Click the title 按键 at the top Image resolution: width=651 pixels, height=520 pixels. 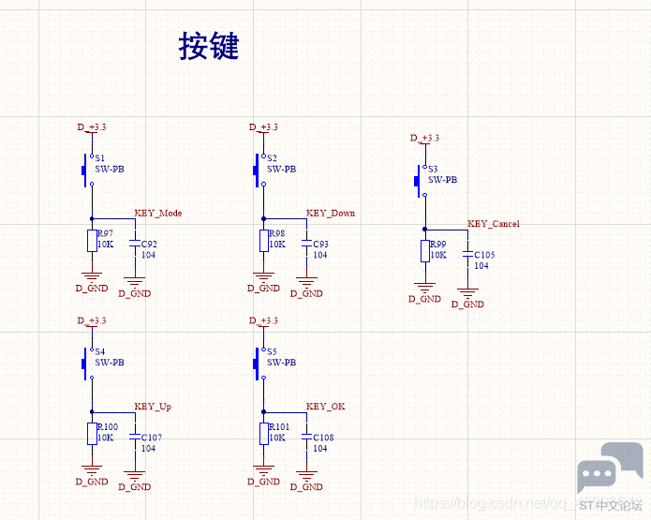[209, 46]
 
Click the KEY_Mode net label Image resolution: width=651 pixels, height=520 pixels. [158, 214]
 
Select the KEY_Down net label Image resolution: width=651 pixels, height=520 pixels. [331, 214]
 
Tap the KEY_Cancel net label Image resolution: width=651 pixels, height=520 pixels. [494, 224]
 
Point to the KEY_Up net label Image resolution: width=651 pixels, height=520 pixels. [153, 407]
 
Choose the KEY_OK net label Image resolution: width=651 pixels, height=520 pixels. [326, 407]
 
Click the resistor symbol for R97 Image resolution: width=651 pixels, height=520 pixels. [92, 240]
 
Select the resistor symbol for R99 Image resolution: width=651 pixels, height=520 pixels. [425, 250]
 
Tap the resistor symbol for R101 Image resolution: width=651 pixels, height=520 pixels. [264, 433]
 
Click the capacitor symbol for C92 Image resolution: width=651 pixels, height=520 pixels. [135, 244]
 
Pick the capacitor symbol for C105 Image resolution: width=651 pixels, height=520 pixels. [467, 255]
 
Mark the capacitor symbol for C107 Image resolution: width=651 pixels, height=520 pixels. [135, 437]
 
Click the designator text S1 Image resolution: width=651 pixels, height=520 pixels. [100, 158]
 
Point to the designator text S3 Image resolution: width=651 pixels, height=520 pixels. [433, 169]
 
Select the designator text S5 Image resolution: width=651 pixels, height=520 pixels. [272, 352]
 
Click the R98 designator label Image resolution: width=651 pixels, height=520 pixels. [276, 234]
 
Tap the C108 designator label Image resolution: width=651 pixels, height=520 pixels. [323, 438]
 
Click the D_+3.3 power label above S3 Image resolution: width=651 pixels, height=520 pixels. [425, 139]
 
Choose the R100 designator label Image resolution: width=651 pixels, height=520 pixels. [107, 427]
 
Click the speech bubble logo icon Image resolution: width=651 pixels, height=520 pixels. [597, 476]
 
